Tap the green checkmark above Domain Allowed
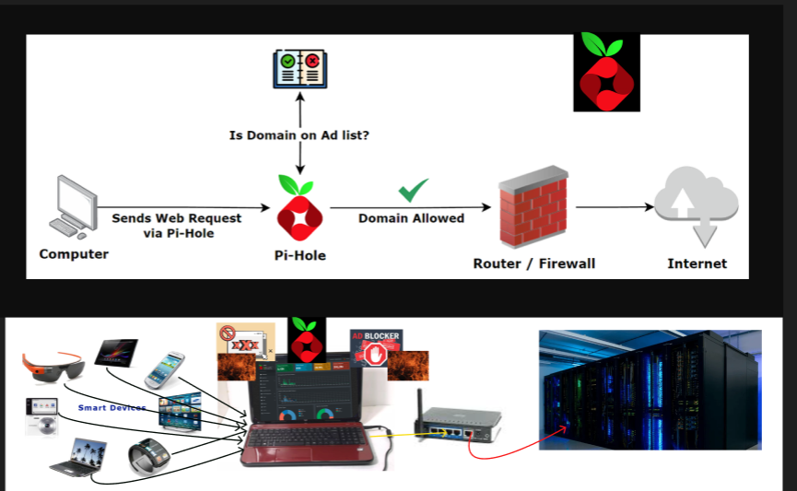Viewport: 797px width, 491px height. [x=413, y=191]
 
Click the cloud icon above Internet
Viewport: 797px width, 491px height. [x=697, y=205]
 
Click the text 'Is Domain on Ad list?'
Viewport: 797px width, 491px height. [x=300, y=135]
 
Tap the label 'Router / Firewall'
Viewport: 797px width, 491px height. [x=534, y=263]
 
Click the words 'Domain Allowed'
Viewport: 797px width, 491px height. [x=411, y=218]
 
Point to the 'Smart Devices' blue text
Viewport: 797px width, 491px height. [x=111, y=407]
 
